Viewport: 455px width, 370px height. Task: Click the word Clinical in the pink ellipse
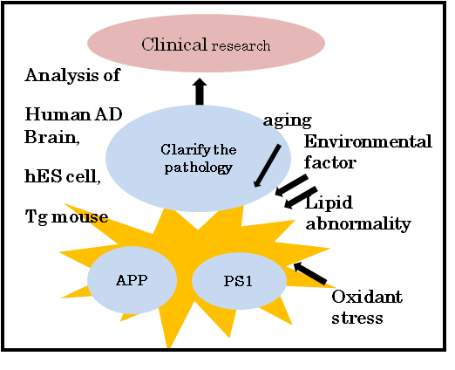(174, 45)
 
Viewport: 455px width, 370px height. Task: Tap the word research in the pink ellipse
(241, 46)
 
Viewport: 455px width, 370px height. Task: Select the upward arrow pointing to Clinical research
(200, 92)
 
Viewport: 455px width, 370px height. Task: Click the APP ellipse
(132, 280)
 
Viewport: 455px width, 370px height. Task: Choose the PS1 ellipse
(239, 281)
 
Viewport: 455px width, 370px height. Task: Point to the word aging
(288, 120)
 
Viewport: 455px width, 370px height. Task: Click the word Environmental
(368, 141)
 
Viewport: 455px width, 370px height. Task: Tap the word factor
(330, 162)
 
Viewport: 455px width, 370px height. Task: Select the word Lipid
(329, 202)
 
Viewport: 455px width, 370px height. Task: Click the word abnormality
(358, 223)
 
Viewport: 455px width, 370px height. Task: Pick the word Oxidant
(367, 297)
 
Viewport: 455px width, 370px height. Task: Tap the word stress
(357, 318)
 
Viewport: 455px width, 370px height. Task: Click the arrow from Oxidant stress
(310, 273)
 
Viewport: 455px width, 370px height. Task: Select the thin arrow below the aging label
(267, 166)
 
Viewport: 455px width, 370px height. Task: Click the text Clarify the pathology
(199, 159)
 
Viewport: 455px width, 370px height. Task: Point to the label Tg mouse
(66, 216)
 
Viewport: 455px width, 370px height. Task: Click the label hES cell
(63, 176)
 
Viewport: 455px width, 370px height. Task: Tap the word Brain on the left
(52, 136)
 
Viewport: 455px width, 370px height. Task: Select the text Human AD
(73, 114)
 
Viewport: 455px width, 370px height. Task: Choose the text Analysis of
(72, 75)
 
